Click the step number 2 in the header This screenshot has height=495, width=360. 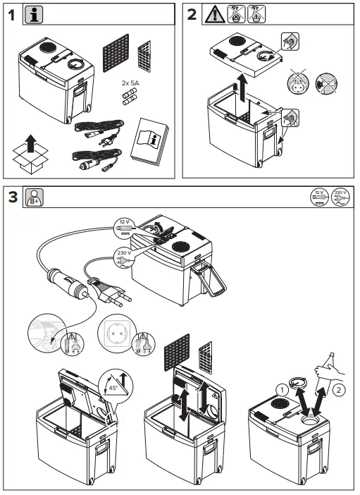(x=192, y=14)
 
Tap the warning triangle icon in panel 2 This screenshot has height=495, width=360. (x=214, y=15)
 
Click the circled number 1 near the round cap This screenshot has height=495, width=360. (x=282, y=386)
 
